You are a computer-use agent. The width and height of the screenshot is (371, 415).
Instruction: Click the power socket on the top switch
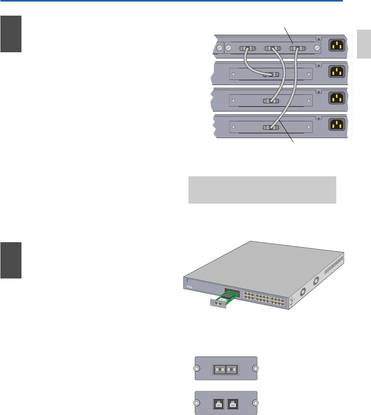[337, 45]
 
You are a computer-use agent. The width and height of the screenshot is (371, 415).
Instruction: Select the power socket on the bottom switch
[337, 124]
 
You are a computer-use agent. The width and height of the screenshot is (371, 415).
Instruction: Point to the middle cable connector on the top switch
[272, 49]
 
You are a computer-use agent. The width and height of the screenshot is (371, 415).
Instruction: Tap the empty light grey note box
[262, 190]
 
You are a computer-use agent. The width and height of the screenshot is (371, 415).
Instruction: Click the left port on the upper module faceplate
[220, 368]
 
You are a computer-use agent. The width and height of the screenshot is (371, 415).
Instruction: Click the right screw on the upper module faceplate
[255, 368]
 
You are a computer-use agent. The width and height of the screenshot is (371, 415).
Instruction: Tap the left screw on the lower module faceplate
[197, 403]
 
